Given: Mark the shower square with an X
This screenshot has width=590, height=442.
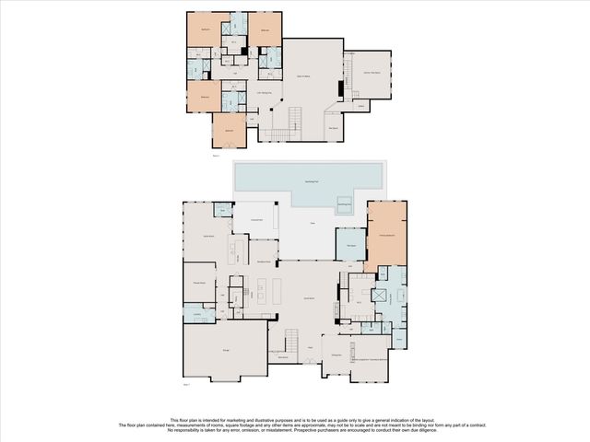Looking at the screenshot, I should pyautogui.click(x=377, y=297).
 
